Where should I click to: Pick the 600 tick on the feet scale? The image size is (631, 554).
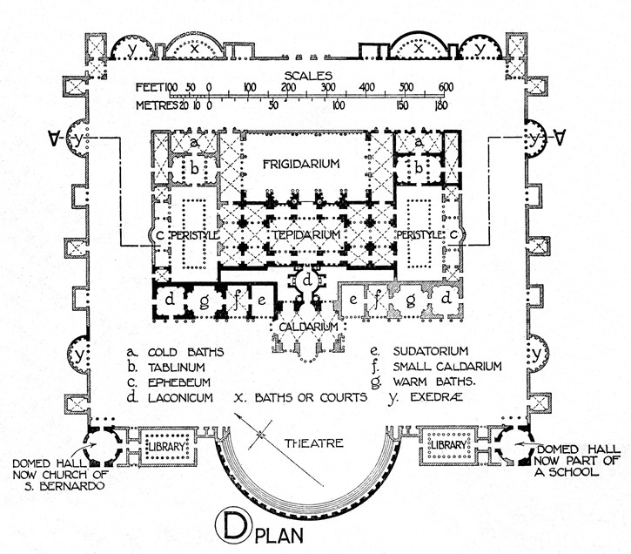click(446, 87)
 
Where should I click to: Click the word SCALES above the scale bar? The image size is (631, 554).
click(300, 74)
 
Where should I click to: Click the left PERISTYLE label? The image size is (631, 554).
click(193, 236)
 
